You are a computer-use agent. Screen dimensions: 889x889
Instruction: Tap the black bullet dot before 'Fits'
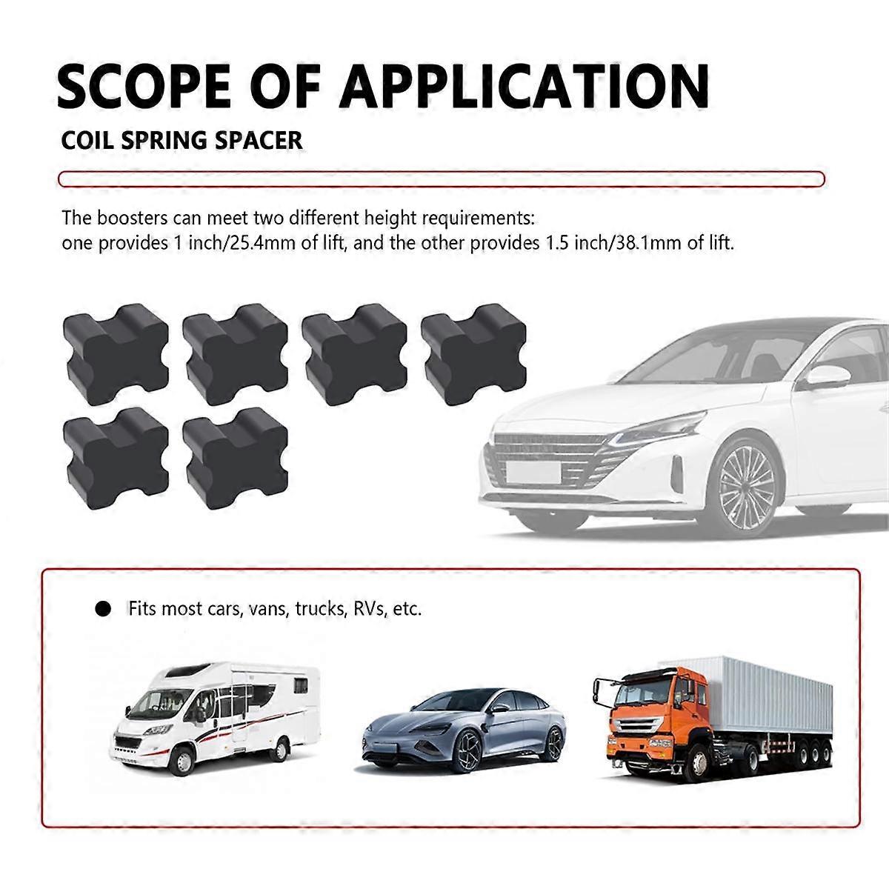pos(103,610)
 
